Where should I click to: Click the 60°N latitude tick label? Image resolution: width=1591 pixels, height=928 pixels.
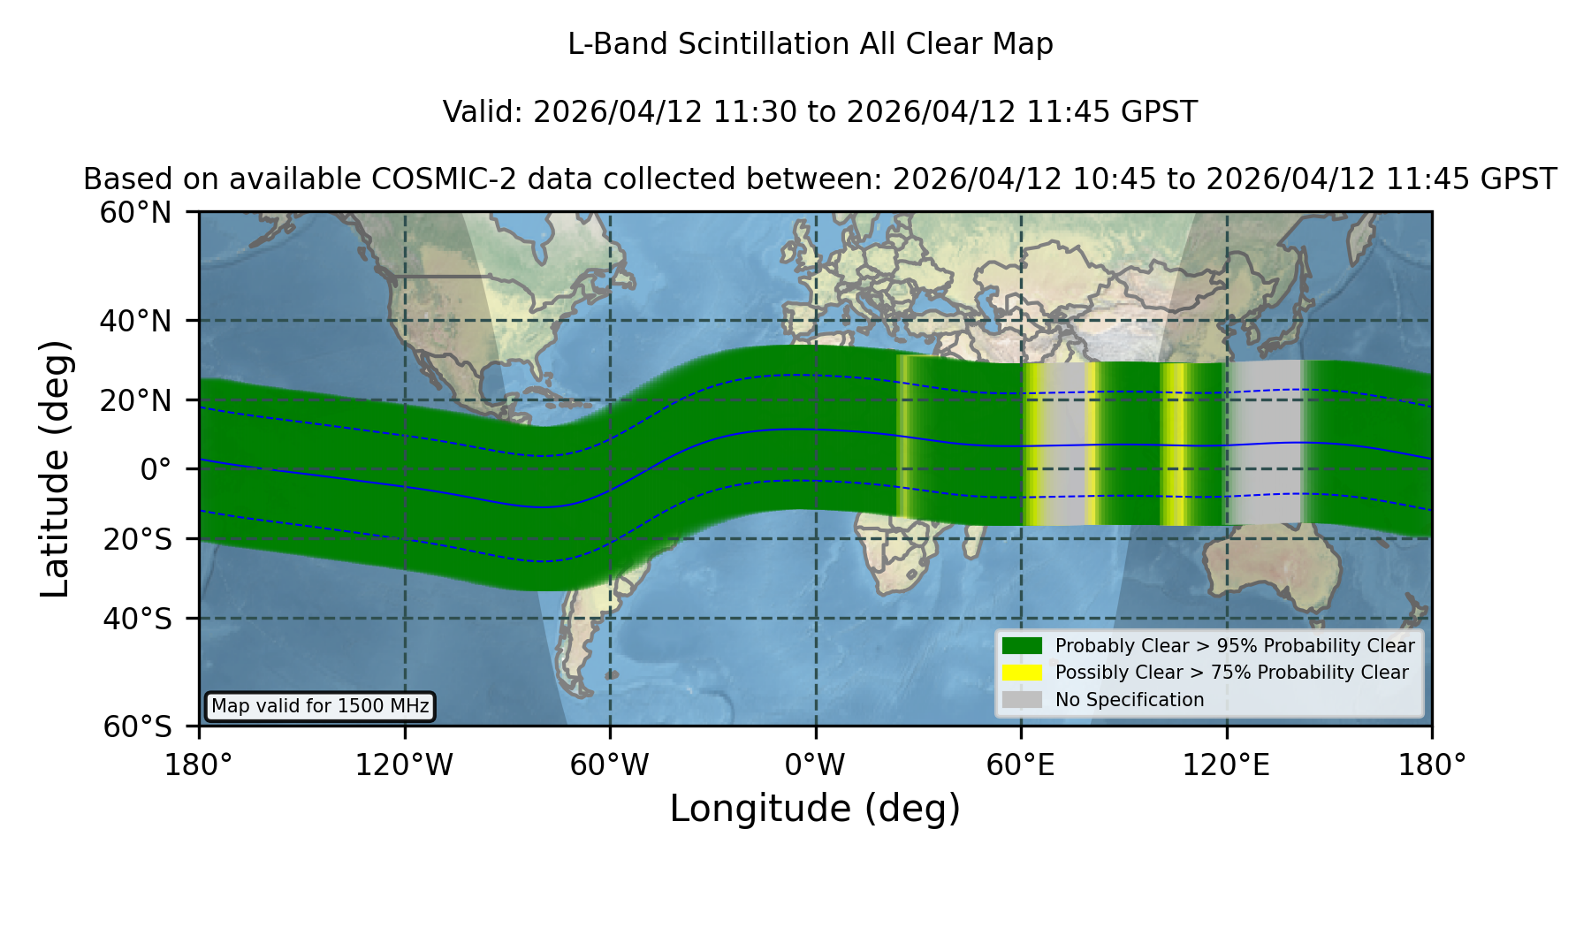coord(136,213)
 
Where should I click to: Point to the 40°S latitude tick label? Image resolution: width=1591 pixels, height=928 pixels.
coord(138,619)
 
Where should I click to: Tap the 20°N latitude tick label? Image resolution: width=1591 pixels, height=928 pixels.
coord(136,400)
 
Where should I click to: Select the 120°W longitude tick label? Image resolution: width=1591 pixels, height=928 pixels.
coord(404,765)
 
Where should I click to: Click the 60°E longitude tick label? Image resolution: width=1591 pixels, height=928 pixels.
coord(1021,765)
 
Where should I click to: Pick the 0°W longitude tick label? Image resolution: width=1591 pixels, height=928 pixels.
coord(815,765)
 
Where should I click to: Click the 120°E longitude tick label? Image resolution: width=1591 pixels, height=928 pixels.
coord(1226,765)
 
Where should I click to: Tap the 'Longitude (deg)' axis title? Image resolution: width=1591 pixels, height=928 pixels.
coord(815,809)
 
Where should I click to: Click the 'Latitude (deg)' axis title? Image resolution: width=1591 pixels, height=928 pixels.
coord(55,469)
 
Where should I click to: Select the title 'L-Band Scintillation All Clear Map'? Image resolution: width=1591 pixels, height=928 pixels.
coord(811,44)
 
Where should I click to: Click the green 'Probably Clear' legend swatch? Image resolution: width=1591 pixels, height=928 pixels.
coord(1022,646)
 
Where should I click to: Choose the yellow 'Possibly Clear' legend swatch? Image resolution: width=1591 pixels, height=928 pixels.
coord(1022,673)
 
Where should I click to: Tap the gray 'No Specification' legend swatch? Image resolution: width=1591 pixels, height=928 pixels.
coord(1022,700)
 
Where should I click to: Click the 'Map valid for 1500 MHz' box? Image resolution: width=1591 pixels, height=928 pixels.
coord(320,706)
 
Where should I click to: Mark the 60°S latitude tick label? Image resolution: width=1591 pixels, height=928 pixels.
coord(138,726)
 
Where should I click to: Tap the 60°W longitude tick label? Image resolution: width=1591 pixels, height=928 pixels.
coord(610,765)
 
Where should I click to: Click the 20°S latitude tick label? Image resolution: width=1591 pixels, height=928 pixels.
coord(138,539)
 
